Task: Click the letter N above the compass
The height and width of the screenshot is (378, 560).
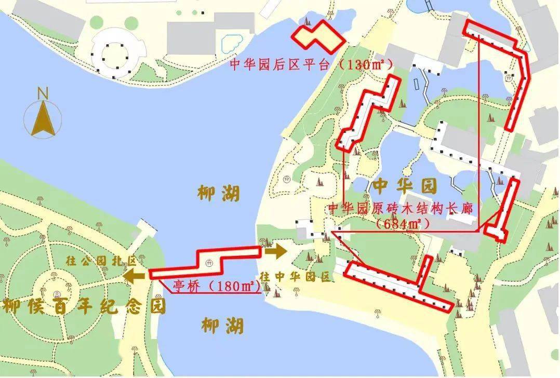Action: point(43,94)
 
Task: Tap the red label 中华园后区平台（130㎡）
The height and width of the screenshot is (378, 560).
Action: point(311,64)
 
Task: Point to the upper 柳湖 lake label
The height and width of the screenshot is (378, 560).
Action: point(219,194)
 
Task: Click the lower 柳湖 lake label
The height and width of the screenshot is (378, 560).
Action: point(222,326)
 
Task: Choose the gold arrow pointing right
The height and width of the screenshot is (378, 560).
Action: point(275,252)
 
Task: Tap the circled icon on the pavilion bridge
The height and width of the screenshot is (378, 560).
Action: point(209,263)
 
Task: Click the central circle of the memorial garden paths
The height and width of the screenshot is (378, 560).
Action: point(54,285)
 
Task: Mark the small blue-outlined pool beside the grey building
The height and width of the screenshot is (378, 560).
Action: point(232,42)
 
